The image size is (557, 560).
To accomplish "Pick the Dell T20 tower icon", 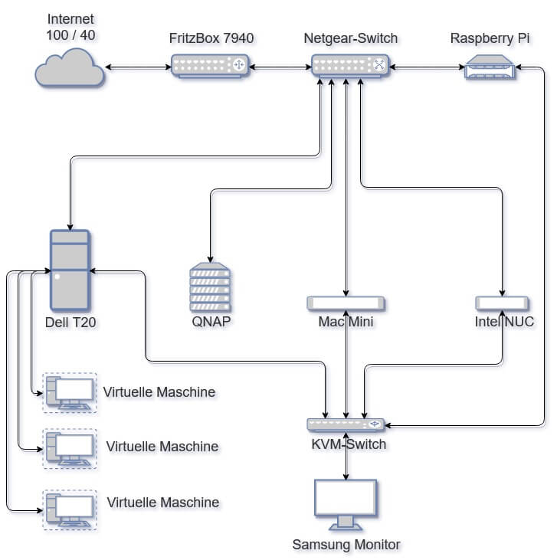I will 70,270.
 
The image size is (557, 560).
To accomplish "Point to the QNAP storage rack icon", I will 210,287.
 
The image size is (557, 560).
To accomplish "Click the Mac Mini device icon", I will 346,303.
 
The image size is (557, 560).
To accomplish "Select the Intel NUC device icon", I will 502,303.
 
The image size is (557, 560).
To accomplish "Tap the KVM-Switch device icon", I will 346,424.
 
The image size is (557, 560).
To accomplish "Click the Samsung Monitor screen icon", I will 346,503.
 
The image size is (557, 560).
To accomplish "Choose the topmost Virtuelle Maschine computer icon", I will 70,392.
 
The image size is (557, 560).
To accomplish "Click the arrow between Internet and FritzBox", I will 138,67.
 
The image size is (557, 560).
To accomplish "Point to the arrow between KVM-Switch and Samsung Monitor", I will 346,455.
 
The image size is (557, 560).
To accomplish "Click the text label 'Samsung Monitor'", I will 346,545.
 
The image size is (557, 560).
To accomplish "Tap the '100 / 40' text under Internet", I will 70,35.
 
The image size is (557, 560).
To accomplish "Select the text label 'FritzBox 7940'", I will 211,38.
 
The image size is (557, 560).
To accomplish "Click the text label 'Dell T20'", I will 70,323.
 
